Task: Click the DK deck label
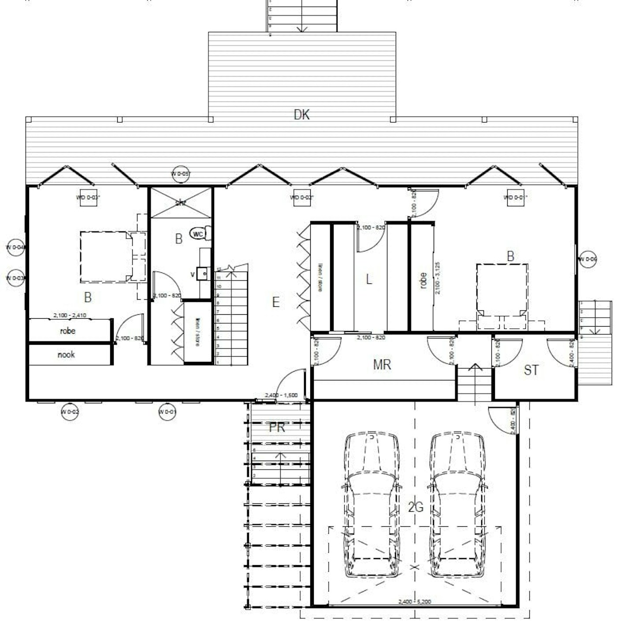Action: coord(301,115)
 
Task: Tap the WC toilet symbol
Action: coord(199,234)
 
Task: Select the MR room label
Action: coord(382,365)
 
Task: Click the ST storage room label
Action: coord(531,370)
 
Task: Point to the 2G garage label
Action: coord(415,507)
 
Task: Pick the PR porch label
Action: coord(277,428)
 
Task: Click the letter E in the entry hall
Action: coord(276,302)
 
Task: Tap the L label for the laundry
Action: coord(369,279)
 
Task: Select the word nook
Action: coord(66,355)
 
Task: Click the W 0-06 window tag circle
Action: coord(588,259)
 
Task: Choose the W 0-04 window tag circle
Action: coord(15,248)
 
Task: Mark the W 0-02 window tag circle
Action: coord(70,412)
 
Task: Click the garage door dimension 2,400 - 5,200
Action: coord(414,602)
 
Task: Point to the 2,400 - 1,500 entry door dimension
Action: coord(281,395)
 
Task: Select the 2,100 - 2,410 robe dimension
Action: coord(70,315)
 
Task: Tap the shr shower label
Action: coord(181,203)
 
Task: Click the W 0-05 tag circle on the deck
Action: coord(181,174)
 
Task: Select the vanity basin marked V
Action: coord(202,274)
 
